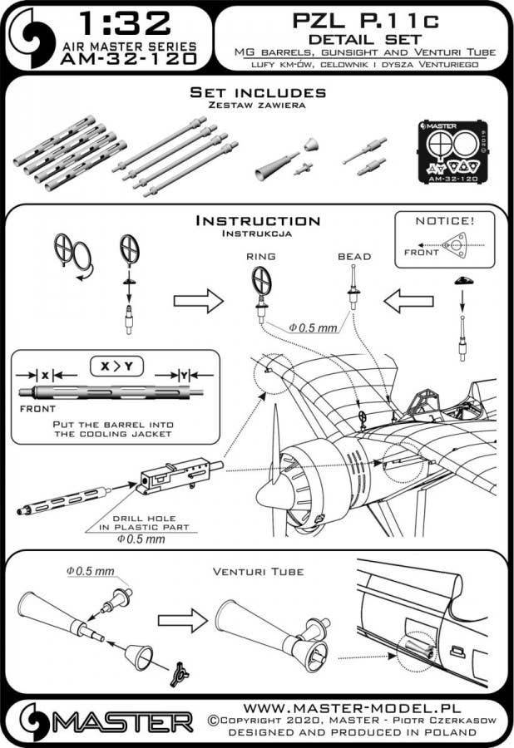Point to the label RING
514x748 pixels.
[260, 258]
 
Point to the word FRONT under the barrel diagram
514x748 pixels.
[36, 409]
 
